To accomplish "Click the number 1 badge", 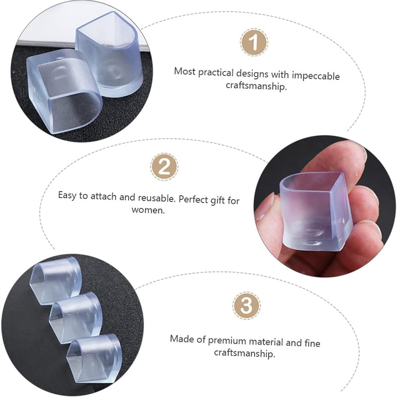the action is (x=254, y=42).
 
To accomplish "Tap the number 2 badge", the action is (x=164, y=167).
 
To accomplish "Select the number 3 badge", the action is (x=246, y=305).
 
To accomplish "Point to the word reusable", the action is (x=157, y=198).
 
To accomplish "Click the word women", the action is (x=148, y=210).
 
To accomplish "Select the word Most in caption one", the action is (x=185, y=71).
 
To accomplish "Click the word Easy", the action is (x=67, y=196).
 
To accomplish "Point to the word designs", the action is (x=252, y=73).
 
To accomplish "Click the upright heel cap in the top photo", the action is (x=110, y=55).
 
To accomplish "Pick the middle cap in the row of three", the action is (x=76, y=318).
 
